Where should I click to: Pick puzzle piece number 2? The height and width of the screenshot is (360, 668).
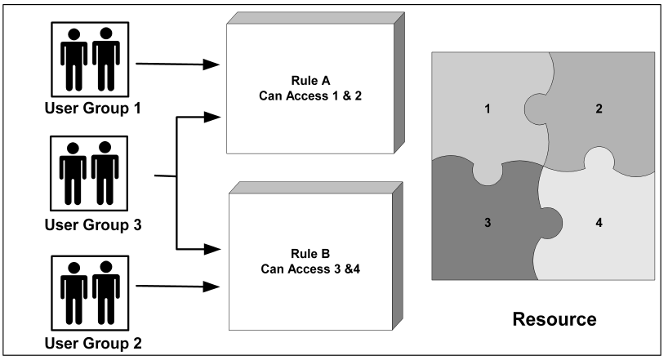coord(599,108)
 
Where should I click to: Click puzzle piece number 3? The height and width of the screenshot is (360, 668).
coord(487,221)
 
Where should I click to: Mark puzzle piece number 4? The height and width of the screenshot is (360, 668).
coord(599,221)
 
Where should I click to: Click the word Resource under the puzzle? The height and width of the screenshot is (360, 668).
coord(554,318)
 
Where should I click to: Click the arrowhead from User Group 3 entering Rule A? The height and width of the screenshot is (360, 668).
coord(215,117)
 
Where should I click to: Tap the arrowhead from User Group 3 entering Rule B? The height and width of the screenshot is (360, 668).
coord(215,247)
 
